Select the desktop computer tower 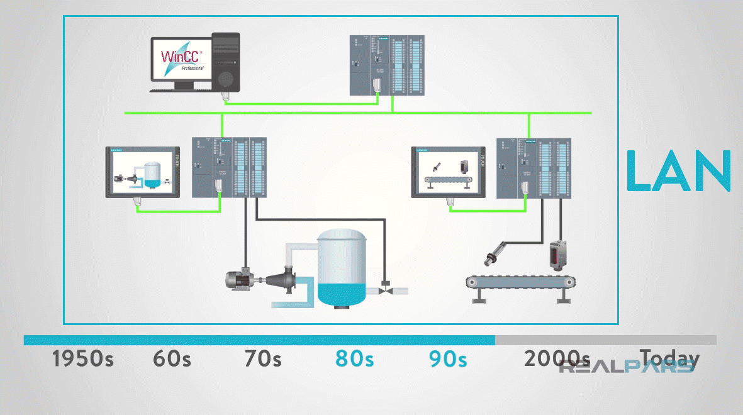tap(225, 62)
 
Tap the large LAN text tap(679, 171)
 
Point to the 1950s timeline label tap(82, 359)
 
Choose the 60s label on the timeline tap(172, 359)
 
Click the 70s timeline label tap(263, 359)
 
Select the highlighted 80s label tap(354, 359)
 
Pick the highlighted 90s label tap(448, 359)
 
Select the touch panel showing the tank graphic tap(142, 172)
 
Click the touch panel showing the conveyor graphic tap(448, 172)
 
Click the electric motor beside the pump tap(241, 279)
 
